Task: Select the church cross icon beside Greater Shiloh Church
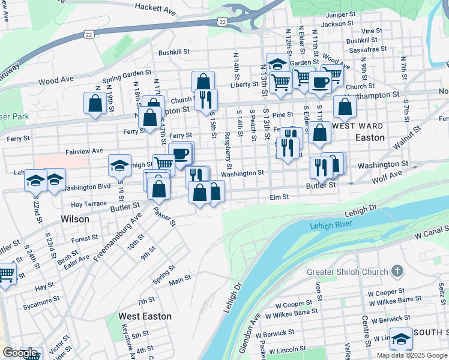click(397, 271)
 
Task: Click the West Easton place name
click(145, 316)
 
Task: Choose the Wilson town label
click(75, 219)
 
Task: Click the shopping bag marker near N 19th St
click(95, 104)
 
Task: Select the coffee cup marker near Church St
click(321, 82)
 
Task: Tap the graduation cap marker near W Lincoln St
click(401, 339)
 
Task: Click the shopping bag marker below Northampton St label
click(345, 108)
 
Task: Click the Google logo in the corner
click(20, 353)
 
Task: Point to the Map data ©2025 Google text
click(412, 355)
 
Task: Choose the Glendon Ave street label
click(250, 335)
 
